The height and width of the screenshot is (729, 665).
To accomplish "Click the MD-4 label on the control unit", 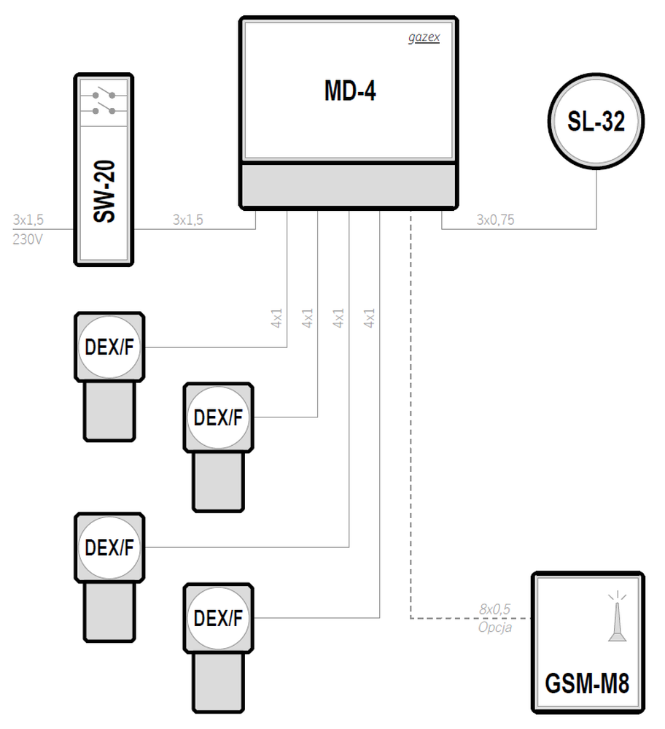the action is tap(350, 90).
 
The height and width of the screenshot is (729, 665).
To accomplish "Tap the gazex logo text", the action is tap(424, 37).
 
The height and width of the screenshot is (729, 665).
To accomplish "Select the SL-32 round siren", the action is tap(596, 121).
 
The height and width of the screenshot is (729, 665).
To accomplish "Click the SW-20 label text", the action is tap(104, 191).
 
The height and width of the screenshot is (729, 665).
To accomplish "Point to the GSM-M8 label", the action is tap(588, 684).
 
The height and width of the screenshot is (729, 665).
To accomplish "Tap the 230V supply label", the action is tap(28, 239).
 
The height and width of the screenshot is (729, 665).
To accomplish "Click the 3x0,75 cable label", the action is tap(495, 220).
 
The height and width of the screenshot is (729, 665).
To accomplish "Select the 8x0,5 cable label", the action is tap(495, 609).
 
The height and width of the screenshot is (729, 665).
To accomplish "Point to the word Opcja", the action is tap(495, 628).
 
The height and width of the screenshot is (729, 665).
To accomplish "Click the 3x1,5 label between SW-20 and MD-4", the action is tap(187, 220).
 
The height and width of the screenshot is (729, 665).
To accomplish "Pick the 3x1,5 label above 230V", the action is tap(28, 220).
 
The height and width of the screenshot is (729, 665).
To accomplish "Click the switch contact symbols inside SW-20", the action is tap(104, 103).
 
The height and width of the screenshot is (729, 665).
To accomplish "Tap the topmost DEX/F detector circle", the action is tap(109, 347).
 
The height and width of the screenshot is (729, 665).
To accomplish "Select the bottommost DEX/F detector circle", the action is tap(218, 618).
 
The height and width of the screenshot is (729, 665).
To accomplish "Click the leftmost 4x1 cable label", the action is tap(276, 318).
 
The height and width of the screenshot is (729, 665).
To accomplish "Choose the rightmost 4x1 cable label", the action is tap(369, 318).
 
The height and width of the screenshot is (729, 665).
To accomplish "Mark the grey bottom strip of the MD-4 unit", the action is tap(349, 185).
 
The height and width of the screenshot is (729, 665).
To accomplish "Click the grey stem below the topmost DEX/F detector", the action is tap(109, 411).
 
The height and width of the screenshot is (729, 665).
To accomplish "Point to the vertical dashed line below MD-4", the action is tap(411, 414).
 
